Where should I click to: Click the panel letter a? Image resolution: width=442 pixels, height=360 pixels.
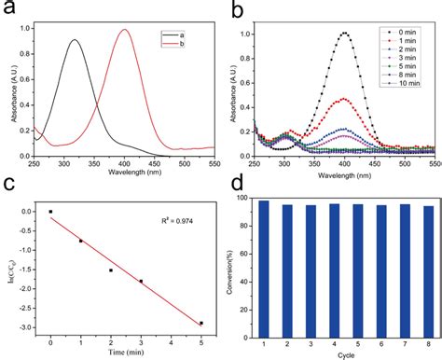pyautogui.click(x=13, y=11)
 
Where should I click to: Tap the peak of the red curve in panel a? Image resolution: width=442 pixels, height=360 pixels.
pyautogui.click(x=124, y=30)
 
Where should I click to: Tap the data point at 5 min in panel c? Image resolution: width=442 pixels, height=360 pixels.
pyautogui.click(x=201, y=323)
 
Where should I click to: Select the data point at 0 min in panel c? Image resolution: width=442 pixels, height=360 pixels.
pyautogui.click(x=50, y=212)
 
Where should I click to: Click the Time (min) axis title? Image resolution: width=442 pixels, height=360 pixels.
pyautogui.click(x=126, y=353)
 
